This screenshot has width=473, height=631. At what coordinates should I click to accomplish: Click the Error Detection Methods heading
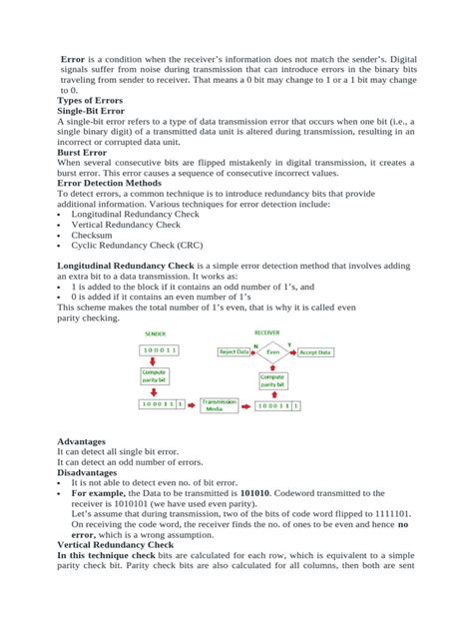pyautogui.click(x=111, y=184)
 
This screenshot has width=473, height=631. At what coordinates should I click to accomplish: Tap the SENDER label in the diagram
pyautogui.click(x=156, y=334)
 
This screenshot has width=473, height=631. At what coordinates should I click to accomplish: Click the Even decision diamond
pyautogui.click(x=273, y=352)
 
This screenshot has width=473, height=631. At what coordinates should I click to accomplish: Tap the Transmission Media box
pyautogui.click(x=223, y=404)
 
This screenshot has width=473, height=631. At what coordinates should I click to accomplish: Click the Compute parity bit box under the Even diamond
pyautogui.click(x=273, y=380)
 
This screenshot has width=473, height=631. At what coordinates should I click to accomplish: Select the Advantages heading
pyautogui.click(x=89, y=440)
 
